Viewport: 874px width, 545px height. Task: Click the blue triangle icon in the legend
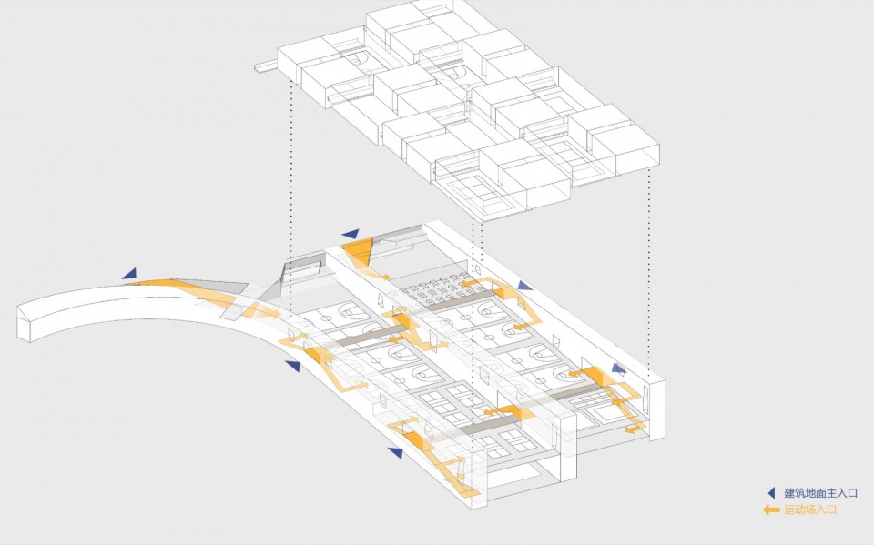pos(771,492)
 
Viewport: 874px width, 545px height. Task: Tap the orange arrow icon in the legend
pos(771,510)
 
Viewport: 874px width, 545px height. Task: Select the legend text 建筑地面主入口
pos(820,492)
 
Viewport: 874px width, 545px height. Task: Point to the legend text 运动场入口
pos(810,510)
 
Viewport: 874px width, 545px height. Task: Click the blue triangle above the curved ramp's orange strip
pos(130,274)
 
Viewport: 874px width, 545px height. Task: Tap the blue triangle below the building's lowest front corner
pos(396,452)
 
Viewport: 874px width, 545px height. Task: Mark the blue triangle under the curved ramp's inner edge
pos(294,366)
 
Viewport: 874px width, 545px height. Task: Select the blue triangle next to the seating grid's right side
pos(524,286)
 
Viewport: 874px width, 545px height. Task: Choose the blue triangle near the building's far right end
pos(618,368)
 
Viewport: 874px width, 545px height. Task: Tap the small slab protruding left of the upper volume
pos(266,66)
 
